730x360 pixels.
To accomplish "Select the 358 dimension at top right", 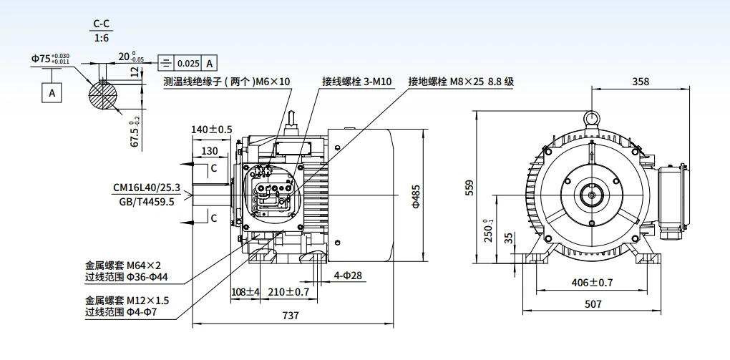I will (x=641, y=82).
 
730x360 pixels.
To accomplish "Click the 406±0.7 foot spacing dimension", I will (x=593, y=283).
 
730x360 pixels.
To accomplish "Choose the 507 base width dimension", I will (x=593, y=304).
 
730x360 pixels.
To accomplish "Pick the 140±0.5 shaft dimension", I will (x=212, y=130).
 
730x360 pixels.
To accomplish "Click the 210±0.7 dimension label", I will (x=289, y=292).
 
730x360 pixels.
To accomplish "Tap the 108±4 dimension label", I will (x=245, y=292).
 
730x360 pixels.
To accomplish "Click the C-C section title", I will (x=101, y=24).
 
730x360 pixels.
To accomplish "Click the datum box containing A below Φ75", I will (x=51, y=92).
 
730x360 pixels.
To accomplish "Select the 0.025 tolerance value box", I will (x=188, y=63).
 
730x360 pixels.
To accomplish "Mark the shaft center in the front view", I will (x=592, y=193).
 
